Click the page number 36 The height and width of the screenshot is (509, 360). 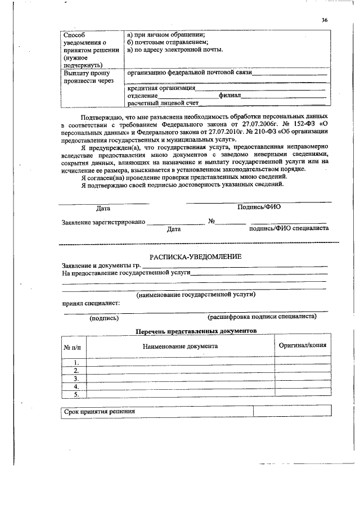click(x=325, y=20)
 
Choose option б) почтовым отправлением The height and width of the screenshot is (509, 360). click(x=168, y=42)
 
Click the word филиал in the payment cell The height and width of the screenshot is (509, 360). click(x=230, y=96)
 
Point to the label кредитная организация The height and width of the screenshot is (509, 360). click(x=161, y=88)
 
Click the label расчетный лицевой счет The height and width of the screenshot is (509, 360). click(x=164, y=104)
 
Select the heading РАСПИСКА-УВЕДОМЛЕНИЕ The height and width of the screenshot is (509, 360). click(x=195, y=256)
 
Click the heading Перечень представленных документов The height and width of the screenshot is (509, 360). click(x=196, y=331)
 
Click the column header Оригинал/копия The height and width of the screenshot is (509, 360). click(x=302, y=346)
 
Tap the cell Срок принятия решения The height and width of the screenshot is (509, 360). click(x=99, y=412)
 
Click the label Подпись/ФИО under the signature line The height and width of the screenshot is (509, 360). click(x=259, y=207)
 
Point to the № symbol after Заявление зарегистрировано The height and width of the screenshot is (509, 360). click(x=212, y=222)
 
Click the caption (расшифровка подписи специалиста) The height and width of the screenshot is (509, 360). click(x=262, y=317)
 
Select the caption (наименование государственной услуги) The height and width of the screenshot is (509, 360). click(x=196, y=294)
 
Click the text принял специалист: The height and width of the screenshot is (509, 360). click(x=91, y=303)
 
